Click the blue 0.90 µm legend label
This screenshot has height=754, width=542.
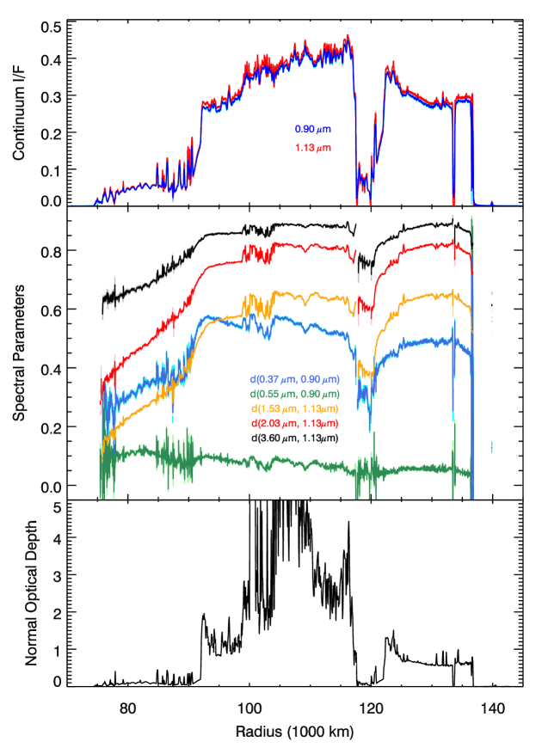[x=312, y=130]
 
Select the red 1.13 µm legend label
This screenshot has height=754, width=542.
[x=312, y=148]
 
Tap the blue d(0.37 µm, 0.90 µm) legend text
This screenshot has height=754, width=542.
[x=294, y=379]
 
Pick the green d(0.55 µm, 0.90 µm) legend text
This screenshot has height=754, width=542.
[x=294, y=394]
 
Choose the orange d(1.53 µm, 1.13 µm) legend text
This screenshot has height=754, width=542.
[x=294, y=408]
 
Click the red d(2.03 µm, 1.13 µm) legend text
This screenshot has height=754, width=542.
[x=294, y=423]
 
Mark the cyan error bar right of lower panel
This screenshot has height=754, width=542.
[x=491, y=446]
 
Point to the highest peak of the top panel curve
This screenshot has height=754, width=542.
[x=347, y=37]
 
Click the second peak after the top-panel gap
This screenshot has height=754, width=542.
[x=392, y=65]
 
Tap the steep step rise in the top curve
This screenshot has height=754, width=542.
[x=200, y=129]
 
